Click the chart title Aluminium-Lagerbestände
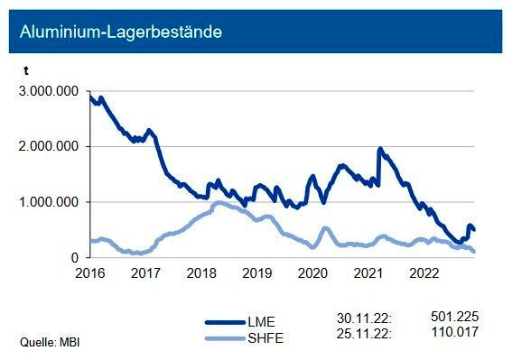(x=121, y=32)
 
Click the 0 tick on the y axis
(x=76, y=258)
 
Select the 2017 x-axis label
(x=144, y=272)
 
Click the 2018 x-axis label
(x=200, y=272)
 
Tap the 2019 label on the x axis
(x=256, y=272)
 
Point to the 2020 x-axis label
(x=312, y=272)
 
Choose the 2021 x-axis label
(x=368, y=272)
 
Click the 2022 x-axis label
(x=424, y=272)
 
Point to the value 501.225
(x=455, y=318)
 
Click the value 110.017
(x=455, y=332)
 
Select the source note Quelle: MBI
(x=53, y=342)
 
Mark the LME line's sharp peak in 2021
(x=379, y=149)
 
